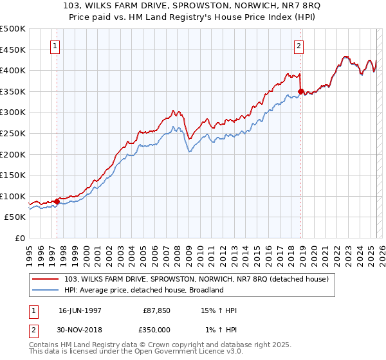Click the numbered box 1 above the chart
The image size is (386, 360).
(x=55, y=46)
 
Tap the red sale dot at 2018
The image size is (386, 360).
(x=301, y=91)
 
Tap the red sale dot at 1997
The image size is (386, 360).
(x=57, y=201)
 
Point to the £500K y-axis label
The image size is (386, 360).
(x=13, y=29)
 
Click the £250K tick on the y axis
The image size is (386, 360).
(x=13, y=133)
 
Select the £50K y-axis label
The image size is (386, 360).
(x=15, y=217)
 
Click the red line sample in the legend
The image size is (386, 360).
(x=46, y=279)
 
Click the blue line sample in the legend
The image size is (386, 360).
(x=46, y=290)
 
